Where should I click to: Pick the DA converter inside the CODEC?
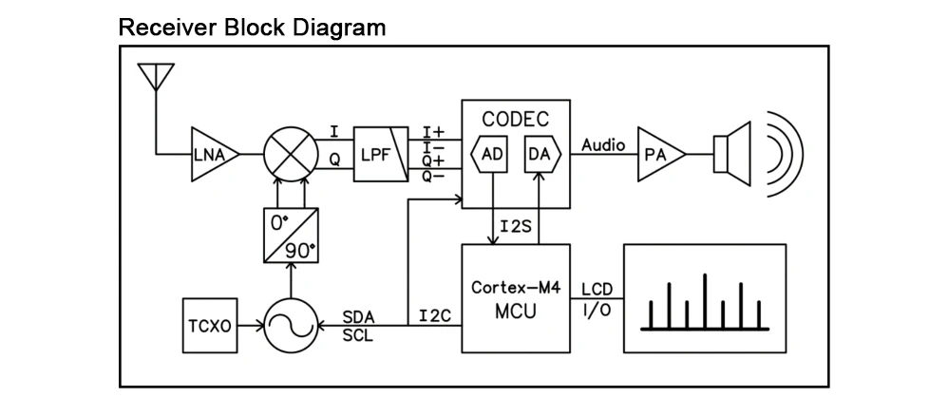pos(540,154)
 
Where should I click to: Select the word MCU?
pos(515,310)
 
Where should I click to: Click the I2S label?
pos(514,227)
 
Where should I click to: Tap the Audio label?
pos(603,144)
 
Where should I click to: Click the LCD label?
pos(597,289)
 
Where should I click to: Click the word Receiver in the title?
pos(167,27)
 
